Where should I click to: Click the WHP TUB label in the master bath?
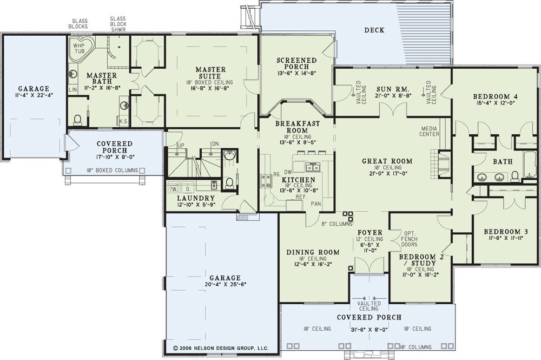tap(80, 48)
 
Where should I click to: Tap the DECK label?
tap(374, 30)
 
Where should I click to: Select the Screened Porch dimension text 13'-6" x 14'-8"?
tap(296, 73)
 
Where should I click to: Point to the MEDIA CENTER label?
tap(429, 131)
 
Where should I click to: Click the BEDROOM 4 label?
tap(495, 97)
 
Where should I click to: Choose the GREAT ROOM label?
tap(387, 161)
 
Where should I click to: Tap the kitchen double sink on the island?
tap(314, 167)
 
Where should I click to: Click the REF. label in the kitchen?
tap(301, 197)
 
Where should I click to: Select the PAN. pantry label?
tap(316, 204)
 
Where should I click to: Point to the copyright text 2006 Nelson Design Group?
tap(221, 348)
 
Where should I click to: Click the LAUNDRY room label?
tap(196, 198)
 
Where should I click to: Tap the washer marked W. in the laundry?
tap(174, 188)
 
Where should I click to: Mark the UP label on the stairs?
tap(181, 145)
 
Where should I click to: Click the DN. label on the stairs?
tap(216, 143)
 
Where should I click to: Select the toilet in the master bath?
tap(77, 120)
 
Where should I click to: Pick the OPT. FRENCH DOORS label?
tap(409, 239)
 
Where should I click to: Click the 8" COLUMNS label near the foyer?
tap(336, 224)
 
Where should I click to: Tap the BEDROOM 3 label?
tap(506, 232)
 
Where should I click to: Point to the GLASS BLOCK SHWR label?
tap(118, 24)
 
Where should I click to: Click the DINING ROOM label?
tap(313, 252)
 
